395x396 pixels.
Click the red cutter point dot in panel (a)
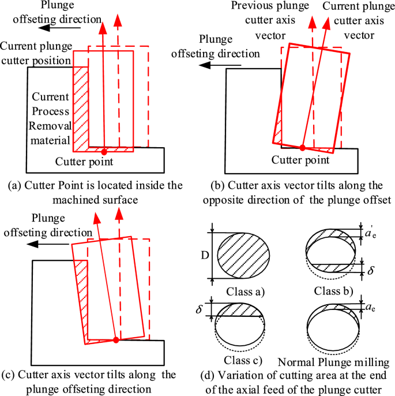(x=104, y=148)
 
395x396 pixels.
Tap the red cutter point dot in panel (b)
(x=303, y=147)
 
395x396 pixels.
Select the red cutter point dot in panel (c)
(x=116, y=340)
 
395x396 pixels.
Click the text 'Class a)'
(x=246, y=291)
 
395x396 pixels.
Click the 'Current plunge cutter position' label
(x=36, y=52)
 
